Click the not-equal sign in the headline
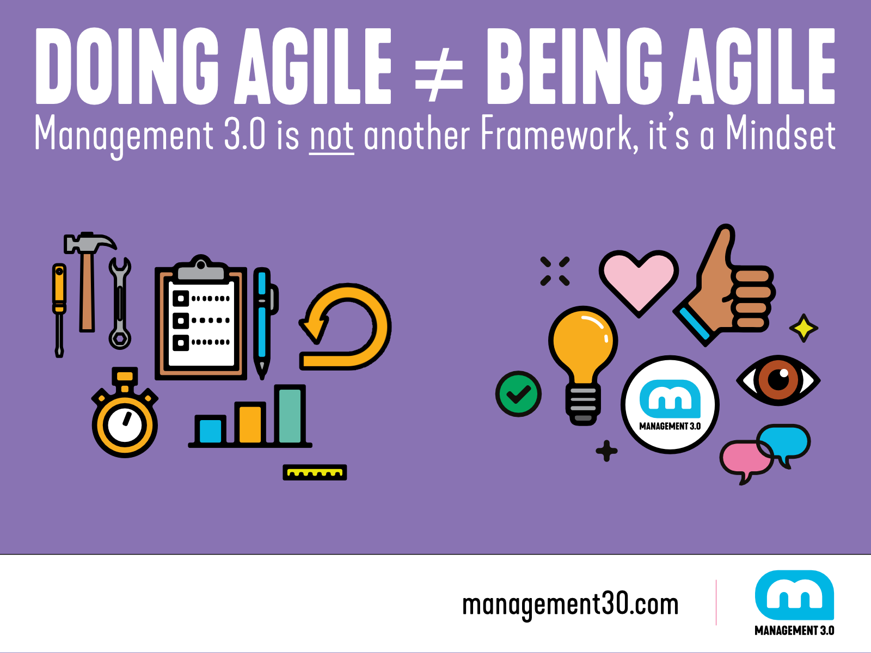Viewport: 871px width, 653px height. (x=439, y=74)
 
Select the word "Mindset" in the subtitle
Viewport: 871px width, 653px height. (x=781, y=134)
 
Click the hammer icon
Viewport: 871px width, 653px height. (x=89, y=281)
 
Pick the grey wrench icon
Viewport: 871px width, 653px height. (x=120, y=303)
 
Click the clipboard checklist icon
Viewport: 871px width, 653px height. (x=201, y=317)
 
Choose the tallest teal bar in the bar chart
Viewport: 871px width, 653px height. (x=290, y=414)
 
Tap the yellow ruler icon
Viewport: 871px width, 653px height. (x=315, y=472)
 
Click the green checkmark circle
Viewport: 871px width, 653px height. (x=518, y=393)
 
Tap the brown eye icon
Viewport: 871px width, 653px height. (x=778, y=380)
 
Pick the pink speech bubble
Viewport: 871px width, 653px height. (x=746, y=460)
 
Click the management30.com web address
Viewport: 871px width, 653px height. (x=571, y=605)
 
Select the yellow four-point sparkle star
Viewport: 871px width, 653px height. (x=803, y=328)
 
